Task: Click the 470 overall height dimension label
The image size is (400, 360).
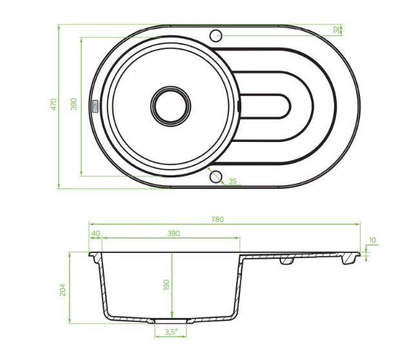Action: (x=54, y=104)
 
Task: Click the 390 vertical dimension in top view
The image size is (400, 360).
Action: (x=74, y=104)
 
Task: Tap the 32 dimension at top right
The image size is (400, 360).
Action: (x=336, y=29)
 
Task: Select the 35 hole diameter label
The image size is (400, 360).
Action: (x=232, y=181)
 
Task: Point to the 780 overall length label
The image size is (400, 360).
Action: (x=217, y=219)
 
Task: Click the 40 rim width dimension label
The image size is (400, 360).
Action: (x=95, y=234)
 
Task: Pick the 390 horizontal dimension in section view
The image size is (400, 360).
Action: (x=174, y=234)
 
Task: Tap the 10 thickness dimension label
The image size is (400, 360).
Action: (x=372, y=240)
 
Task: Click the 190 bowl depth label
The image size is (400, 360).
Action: (x=166, y=285)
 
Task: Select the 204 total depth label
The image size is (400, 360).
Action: (x=63, y=290)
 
